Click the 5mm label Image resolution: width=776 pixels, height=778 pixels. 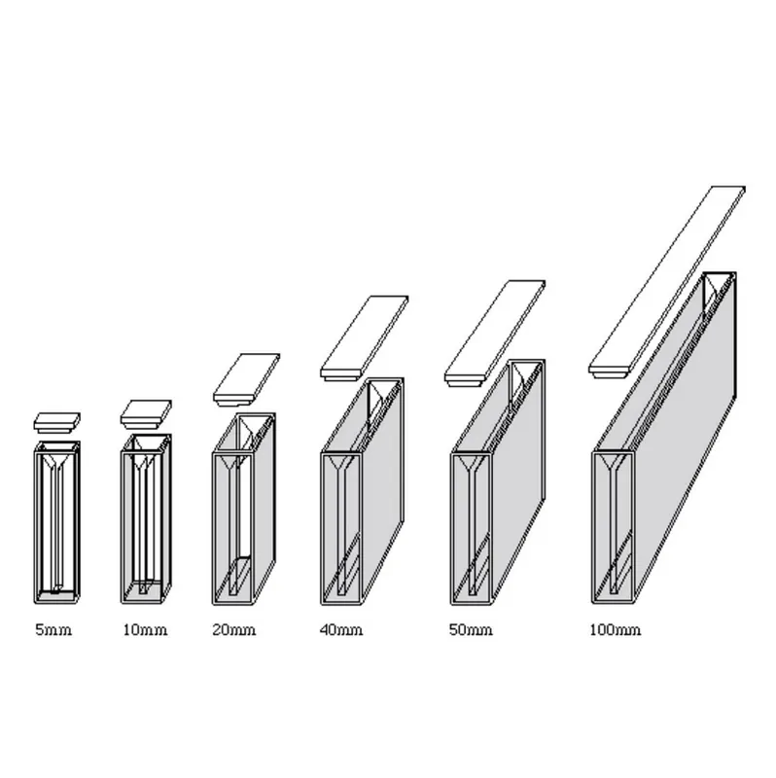(x=53, y=630)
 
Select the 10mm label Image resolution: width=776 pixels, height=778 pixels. (x=145, y=630)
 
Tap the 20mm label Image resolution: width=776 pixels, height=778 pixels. (x=234, y=630)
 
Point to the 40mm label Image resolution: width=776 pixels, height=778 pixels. (x=341, y=630)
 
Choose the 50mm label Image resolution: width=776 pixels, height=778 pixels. (x=471, y=630)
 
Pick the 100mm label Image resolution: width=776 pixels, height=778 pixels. (x=616, y=630)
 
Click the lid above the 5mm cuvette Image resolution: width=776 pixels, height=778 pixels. (x=57, y=422)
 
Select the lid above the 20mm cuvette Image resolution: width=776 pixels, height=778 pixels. (x=247, y=379)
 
